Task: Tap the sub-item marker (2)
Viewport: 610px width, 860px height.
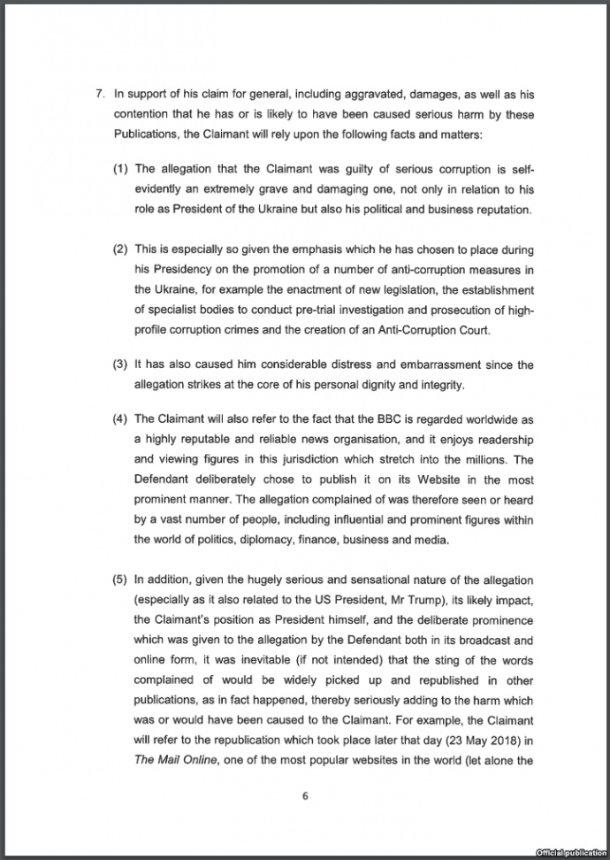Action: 121,250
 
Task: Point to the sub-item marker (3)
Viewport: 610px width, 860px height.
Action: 121,365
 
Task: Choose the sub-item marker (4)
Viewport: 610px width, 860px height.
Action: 121,418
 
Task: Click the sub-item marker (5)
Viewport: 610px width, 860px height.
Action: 121,580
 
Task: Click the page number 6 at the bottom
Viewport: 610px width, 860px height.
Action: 305,795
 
